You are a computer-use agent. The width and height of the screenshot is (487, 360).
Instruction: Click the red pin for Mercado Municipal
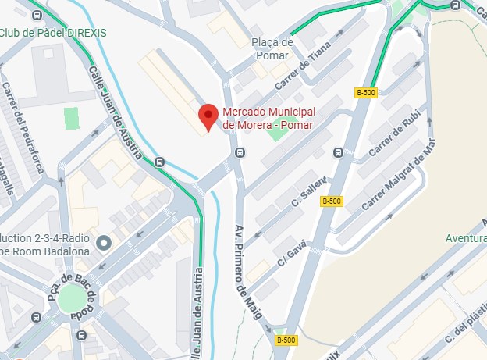[x=207, y=116]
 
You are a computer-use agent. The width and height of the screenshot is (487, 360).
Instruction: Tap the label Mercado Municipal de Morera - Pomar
[x=268, y=118]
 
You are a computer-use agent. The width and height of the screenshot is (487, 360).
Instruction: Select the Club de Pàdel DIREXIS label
[x=53, y=33]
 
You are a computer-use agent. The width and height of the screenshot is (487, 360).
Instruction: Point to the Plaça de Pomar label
[x=272, y=48]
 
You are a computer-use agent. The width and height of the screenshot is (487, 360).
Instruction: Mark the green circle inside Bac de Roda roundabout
[x=70, y=297]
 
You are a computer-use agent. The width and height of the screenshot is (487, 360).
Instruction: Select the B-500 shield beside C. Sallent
[x=332, y=201]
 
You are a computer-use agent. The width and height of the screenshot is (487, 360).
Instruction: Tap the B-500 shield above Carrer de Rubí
[x=365, y=92]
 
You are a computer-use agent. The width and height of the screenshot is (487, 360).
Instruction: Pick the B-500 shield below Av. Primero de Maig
[x=286, y=340]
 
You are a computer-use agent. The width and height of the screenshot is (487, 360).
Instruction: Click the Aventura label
[x=465, y=237]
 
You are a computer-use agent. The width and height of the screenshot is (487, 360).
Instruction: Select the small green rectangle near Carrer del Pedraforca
[x=72, y=119]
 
